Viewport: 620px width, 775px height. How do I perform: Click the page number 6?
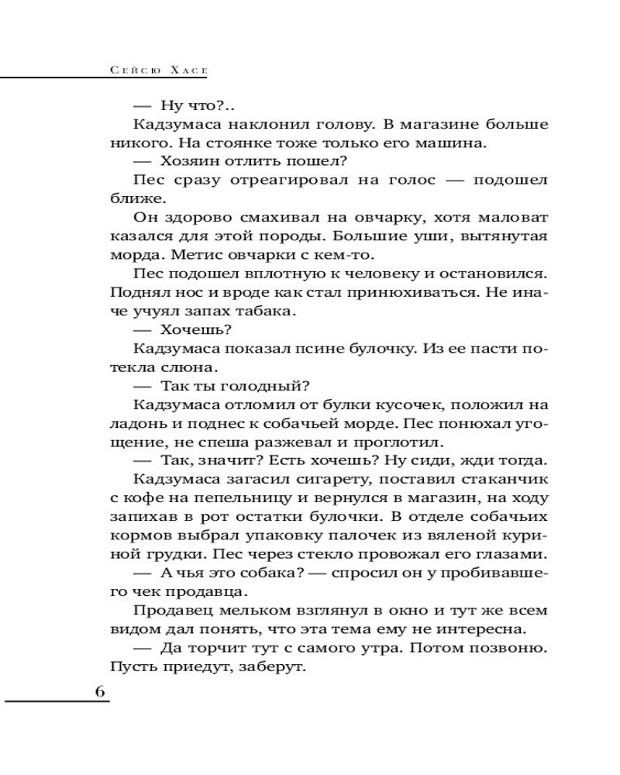click(x=100, y=692)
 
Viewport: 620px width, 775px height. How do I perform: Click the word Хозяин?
click(x=192, y=162)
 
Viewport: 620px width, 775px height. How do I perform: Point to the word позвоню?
click(x=509, y=647)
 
